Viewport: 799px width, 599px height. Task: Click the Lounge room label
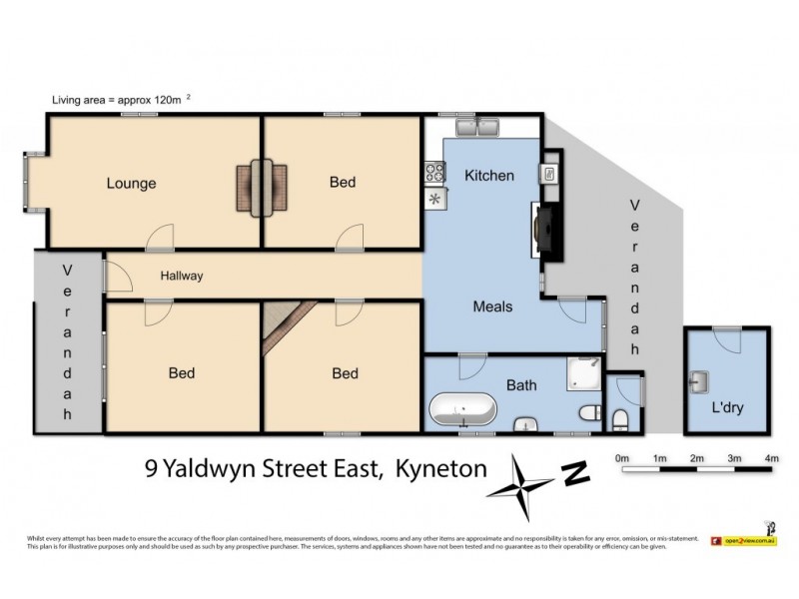(131, 184)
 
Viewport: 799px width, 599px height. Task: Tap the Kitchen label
(489, 176)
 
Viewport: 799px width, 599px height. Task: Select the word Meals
(492, 306)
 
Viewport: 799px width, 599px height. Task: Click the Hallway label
(181, 277)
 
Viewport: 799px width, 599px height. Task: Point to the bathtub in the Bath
(461, 410)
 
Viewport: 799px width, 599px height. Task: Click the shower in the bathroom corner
(583, 373)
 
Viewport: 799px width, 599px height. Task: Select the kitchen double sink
(478, 128)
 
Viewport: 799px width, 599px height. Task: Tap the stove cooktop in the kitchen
(435, 173)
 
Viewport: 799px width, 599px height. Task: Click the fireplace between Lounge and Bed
(263, 187)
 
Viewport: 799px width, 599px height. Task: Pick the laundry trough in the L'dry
(699, 380)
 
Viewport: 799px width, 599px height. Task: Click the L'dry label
(727, 408)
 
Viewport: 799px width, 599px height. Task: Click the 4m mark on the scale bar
(770, 458)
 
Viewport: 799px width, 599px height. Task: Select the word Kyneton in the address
(440, 467)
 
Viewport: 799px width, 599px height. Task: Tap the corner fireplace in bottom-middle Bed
(285, 327)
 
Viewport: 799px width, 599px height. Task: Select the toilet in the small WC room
(619, 419)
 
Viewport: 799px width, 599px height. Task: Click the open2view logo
(743, 540)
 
